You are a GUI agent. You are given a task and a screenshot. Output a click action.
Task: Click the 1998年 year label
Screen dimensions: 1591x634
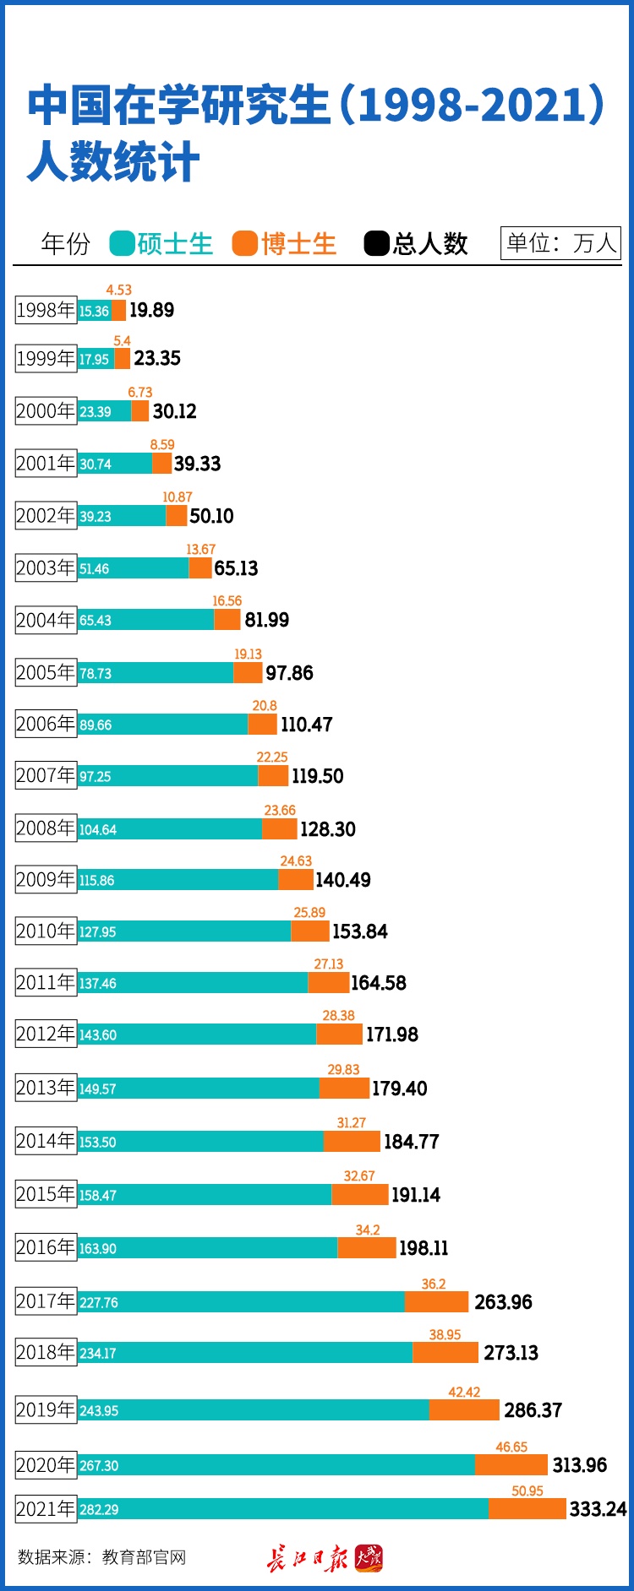coord(46,310)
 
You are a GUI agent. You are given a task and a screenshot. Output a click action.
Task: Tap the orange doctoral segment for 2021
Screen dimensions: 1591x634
coord(527,1508)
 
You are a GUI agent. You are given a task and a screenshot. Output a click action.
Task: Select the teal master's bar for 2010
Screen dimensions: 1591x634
coord(184,931)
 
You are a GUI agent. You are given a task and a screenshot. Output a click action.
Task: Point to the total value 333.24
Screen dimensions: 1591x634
coord(598,1509)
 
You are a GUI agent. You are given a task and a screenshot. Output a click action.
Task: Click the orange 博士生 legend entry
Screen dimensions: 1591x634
coord(284,244)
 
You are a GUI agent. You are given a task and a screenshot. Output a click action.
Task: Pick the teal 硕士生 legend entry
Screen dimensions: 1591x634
coord(161,244)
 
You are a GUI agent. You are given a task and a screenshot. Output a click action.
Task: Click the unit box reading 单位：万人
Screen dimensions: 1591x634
coord(560,243)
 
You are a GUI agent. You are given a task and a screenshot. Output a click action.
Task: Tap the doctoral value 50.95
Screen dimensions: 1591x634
coord(527,1491)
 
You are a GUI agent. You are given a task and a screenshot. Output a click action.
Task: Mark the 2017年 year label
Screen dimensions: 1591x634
coord(46,1301)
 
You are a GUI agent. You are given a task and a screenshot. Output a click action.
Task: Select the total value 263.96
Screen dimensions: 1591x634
coord(503,1302)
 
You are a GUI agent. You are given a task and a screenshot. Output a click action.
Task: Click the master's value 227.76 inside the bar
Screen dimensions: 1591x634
coord(99,1303)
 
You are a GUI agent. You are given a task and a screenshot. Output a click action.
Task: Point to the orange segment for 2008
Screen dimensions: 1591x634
coord(280,829)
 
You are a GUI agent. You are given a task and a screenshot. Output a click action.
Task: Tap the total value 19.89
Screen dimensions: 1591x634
coord(151,310)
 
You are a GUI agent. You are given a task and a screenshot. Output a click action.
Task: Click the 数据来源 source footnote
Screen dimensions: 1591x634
coord(101,1557)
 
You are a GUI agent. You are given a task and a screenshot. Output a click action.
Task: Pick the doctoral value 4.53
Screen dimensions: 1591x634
coord(118,291)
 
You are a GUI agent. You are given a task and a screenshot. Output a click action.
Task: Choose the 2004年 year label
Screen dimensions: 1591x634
coord(46,620)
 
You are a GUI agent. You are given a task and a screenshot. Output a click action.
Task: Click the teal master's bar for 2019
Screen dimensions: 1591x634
coord(254,1409)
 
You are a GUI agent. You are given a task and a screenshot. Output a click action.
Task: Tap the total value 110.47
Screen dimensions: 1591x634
coord(306,725)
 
